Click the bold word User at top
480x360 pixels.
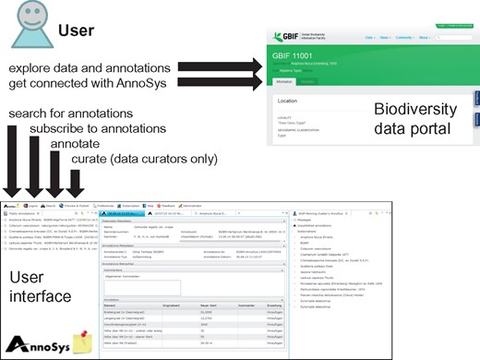[78, 30]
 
